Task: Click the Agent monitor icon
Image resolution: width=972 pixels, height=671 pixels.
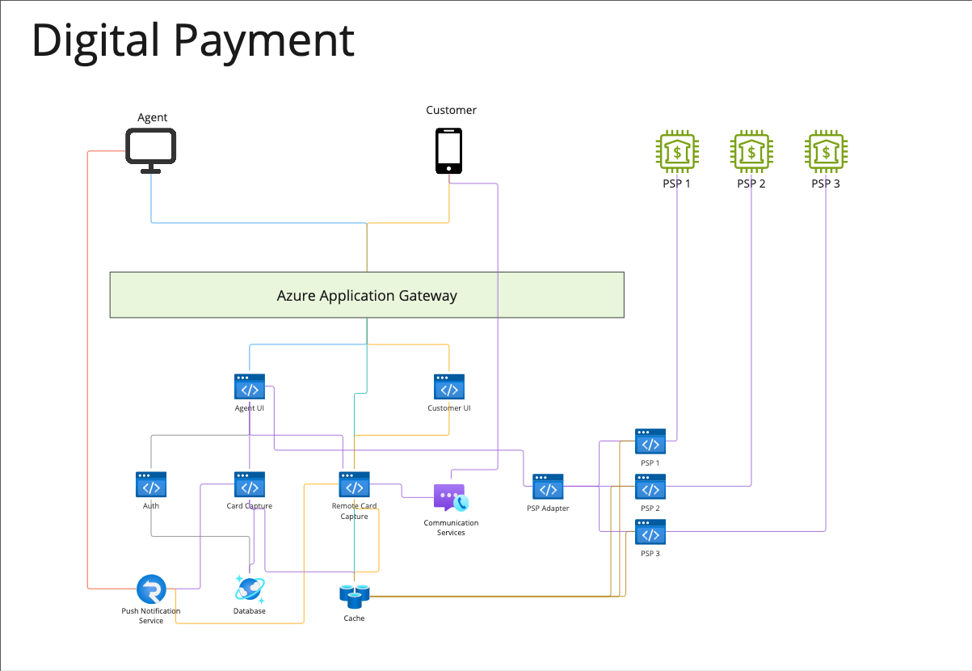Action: click(151, 150)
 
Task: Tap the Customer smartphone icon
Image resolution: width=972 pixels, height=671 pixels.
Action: click(449, 150)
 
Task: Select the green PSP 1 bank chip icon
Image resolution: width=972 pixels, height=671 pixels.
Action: click(675, 151)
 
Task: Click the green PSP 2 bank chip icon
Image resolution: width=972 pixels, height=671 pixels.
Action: click(751, 151)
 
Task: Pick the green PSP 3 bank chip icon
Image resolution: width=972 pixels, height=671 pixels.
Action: click(826, 151)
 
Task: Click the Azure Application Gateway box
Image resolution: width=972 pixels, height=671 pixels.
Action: click(367, 295)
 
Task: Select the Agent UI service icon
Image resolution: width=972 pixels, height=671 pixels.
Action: click(250, 387)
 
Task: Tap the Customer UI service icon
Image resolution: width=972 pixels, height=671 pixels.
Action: click(449, 387)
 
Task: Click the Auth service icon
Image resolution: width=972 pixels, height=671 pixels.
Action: click(151, 485)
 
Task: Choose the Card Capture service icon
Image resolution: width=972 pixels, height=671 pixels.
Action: click(250, 485)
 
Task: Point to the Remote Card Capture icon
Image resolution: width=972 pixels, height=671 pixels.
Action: click(354, 485)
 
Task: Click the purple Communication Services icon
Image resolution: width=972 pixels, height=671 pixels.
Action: click(450, 498)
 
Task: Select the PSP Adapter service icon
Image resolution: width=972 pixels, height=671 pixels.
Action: click(548, 487)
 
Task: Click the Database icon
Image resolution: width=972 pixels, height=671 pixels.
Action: click(250, 589)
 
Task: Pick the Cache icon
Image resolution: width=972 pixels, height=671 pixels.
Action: click(354, 597)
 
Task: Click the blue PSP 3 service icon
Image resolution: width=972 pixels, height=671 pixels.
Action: click(650, 533)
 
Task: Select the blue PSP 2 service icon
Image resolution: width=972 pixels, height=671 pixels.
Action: click(650, 487)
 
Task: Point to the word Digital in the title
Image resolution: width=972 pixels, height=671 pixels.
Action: click(95, 40)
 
